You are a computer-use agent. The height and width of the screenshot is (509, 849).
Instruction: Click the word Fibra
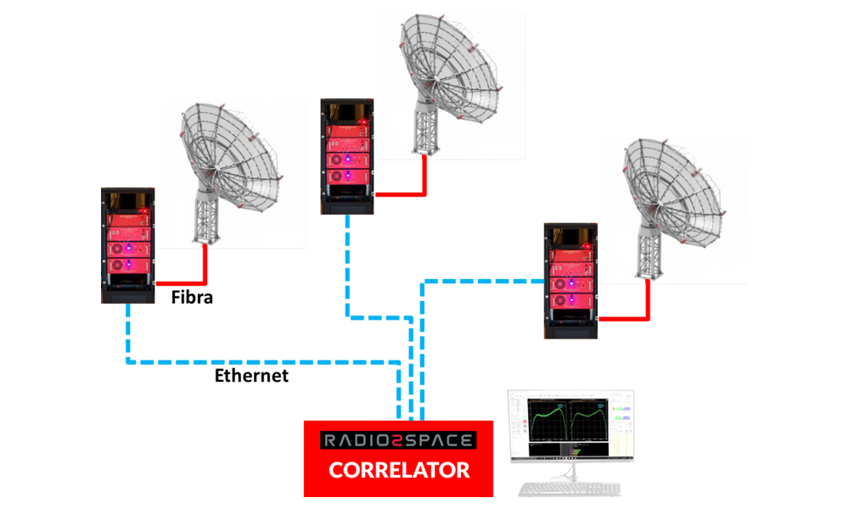[x=192, y=298]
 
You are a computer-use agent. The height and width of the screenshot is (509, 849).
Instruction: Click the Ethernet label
[x=250, y=375]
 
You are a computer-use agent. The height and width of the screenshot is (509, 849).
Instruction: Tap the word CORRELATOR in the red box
[x=399, y=469]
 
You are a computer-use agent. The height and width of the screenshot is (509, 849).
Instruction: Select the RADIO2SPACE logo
[x=398, y=440]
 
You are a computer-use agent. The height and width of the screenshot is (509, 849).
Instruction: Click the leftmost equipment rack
[x=128, y=245]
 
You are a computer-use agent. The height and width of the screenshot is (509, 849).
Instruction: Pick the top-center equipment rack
[x=347, y=156]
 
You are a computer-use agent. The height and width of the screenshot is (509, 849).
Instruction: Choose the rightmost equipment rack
[x=571, y=280]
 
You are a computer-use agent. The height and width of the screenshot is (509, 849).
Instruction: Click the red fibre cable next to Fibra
[x=183, y=282]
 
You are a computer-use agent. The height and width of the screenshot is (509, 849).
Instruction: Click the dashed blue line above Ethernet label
[x=255, y=362]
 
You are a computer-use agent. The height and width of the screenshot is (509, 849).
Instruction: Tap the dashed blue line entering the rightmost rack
[x=484, y=280]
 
